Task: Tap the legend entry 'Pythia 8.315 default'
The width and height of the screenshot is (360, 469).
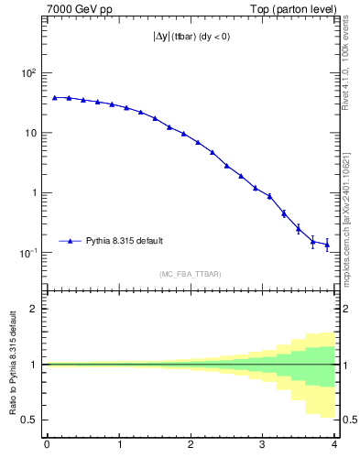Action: tap(125, 241)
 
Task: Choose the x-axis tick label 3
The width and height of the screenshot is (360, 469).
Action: tap(262, 446)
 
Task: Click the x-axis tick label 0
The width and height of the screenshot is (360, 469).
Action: tap(47, 446)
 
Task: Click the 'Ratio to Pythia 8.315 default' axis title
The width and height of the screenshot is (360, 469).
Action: tap(12, 365)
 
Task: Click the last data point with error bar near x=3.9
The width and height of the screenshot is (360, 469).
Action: tap(327, 245)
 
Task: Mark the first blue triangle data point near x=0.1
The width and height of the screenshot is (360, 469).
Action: tap(54, 97)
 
